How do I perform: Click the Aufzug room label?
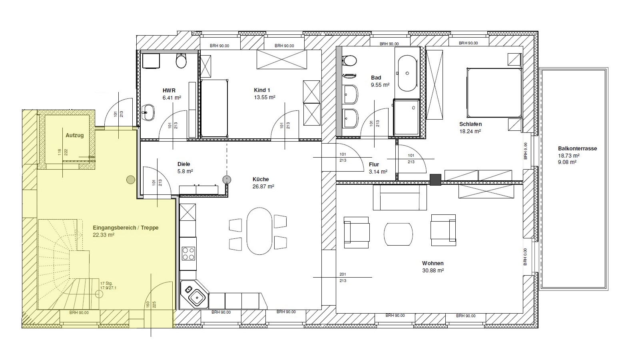74,136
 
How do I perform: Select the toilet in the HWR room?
181,61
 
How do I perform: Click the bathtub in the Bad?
407,73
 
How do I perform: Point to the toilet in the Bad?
350,61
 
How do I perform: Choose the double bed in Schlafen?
494,93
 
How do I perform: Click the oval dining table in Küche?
259,231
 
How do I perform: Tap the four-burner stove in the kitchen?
188,254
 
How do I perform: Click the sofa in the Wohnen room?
400,198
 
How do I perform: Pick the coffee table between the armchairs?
398,234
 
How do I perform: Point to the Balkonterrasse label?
577,148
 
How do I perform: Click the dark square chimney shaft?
435,180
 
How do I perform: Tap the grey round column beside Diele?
227,180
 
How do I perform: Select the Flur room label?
374,164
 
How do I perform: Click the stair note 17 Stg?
106,283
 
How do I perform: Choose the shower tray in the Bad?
406,118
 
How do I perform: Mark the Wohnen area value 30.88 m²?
433,270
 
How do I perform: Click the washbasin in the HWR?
149,112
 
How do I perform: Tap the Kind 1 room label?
262,90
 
